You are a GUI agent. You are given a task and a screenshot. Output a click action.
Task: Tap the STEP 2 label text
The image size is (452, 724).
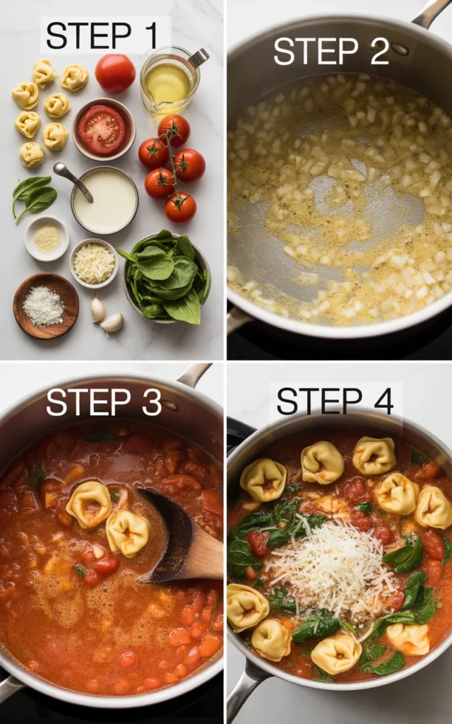pyautogui.click(x=331, y=51)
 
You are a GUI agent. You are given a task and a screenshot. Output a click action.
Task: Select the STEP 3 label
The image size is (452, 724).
pyautogui.click(x=104, y=402)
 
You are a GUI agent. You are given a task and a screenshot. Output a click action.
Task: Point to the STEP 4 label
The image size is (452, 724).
pyautogui.click(x=335, y=401)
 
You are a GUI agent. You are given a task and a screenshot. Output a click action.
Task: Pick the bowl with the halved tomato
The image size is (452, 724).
pyautogui.click(x=103, y=129)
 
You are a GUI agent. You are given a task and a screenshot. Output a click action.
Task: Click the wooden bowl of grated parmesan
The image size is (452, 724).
pyautogui.click(x=45, y=305)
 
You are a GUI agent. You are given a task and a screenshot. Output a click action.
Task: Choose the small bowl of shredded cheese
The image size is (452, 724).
pyautogui.click(x=93, y=263)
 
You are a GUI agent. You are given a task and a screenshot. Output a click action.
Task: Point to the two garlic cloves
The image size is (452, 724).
pyautogui.click(x=105, y=315)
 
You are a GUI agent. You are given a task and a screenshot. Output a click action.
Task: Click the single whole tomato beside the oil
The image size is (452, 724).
pyautogui.click(x=115, y=73)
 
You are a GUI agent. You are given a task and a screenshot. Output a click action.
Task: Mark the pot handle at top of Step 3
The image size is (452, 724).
pyautogui.click(x=194, y=375)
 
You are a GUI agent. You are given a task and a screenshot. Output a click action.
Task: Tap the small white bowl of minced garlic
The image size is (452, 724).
pyautogui.click(x=47, y=238)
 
